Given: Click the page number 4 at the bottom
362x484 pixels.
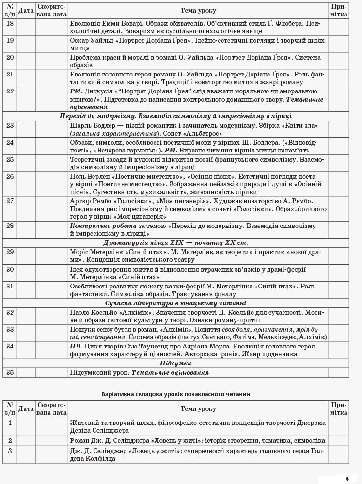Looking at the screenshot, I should [347, 479].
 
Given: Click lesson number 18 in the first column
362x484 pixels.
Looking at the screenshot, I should [10, 23].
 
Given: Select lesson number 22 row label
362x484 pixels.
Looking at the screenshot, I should [10, 91].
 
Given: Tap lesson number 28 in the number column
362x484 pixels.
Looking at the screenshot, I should [10, 226].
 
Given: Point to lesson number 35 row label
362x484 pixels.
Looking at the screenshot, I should [10, 372].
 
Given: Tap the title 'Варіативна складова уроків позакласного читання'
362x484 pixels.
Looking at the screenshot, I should [175, 394].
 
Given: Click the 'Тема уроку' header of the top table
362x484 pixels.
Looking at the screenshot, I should [198, 10].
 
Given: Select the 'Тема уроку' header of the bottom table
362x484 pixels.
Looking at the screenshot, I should [198, 409].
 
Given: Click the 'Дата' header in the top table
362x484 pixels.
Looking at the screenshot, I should [26, 10].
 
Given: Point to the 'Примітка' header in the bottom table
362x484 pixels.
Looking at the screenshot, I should [339, 409].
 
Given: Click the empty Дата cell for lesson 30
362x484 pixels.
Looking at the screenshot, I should [26, 273].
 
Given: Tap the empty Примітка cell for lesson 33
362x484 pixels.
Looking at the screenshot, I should [339, 333].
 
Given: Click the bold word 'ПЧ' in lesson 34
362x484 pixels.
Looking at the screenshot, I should [75, 346].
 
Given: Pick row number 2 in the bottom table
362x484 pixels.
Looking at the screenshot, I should [10, 441].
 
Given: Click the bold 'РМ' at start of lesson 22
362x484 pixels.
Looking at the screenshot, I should [76, 91].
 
